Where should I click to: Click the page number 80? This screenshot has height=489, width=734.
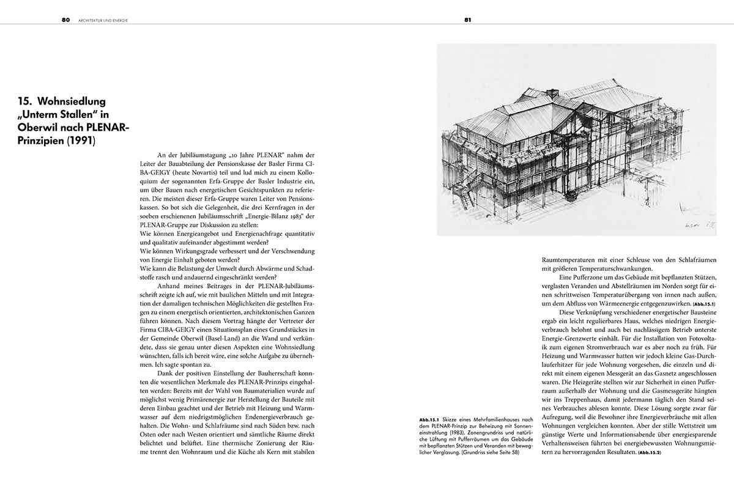(65, 20)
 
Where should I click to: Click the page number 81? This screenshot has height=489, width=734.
(467, 20)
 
